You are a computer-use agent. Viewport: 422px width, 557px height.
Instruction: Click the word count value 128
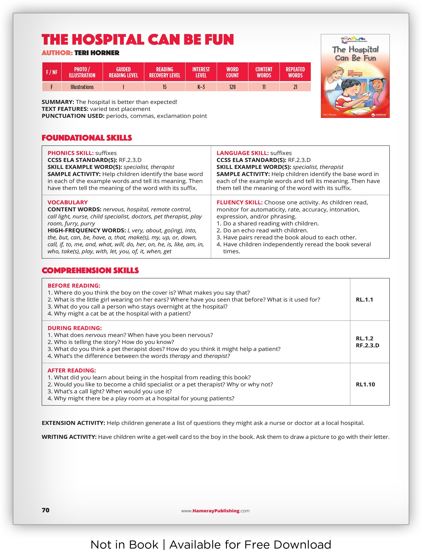click(232, 87)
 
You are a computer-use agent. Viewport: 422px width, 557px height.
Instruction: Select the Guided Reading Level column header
click(123, 72)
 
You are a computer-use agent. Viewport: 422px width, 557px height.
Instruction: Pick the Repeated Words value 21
click(295, 87)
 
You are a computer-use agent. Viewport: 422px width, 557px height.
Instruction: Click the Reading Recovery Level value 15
click(164, 87)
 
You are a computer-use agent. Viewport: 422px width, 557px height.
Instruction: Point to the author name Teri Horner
click(97, 53)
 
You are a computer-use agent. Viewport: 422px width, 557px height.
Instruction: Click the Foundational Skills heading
click(87, 138)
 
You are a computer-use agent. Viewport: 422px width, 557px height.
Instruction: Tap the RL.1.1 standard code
click(364, 300)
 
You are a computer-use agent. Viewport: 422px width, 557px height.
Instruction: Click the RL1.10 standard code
click(365, 384)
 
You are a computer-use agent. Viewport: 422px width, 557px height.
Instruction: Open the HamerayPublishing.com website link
click(215, 511)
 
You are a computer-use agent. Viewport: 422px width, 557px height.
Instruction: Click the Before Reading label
click(74, 286)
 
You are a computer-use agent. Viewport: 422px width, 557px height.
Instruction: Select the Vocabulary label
click(68, 202)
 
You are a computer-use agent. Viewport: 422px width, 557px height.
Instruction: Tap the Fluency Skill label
click(239, 202)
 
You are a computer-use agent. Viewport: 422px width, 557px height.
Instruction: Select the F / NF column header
click(52, 72)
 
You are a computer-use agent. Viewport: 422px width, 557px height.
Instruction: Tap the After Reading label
click(72, 370)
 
